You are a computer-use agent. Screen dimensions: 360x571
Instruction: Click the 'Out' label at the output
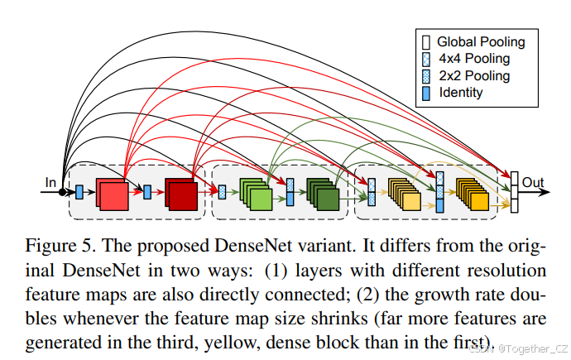coord(534,182)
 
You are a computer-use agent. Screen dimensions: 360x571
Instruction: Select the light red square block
coord(112,193)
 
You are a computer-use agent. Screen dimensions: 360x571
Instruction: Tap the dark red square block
coord(180,194)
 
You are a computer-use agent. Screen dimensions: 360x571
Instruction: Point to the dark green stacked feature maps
coord(323,194)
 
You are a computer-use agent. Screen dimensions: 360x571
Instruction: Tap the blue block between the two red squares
coord(147,192)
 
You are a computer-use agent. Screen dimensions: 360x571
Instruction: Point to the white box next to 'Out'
coord(514,192)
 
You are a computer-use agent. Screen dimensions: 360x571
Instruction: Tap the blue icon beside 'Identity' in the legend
coord(426,94)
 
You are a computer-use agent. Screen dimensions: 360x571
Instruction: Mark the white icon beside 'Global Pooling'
coord(426,41)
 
